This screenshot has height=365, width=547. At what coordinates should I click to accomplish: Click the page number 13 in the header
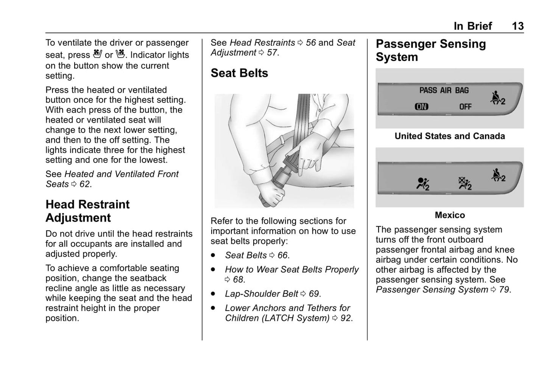(517, 26)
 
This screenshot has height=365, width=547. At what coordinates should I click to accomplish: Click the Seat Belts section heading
(239, 73)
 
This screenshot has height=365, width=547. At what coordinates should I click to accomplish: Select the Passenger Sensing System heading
(431, 50)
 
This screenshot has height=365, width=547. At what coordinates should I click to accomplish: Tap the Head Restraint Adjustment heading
(87, 211)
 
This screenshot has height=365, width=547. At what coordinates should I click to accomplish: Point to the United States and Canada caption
(450, 136)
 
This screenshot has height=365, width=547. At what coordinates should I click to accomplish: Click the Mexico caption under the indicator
(450, 215)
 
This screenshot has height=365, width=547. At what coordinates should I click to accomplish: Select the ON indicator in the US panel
(421, 107)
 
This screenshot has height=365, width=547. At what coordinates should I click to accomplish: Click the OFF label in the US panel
(465, 107)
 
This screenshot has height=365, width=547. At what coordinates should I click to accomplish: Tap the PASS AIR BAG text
(444, 90)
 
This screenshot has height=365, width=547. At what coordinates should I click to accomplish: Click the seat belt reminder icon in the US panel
(497, 98)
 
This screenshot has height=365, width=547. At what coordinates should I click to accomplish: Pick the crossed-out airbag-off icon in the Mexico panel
(465, 184)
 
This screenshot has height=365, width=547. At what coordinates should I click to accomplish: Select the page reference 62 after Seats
(85, 184)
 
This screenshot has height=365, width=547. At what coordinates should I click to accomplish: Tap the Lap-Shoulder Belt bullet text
(262, 294)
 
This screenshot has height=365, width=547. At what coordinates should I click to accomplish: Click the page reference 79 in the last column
(504, 290)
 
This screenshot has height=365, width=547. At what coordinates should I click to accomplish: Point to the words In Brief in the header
(473, 26)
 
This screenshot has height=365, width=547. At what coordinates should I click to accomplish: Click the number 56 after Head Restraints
(311, 43)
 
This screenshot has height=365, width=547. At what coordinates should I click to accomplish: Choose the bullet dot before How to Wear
(214, 270)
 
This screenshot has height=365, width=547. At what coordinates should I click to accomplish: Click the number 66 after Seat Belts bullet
(282, 256)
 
